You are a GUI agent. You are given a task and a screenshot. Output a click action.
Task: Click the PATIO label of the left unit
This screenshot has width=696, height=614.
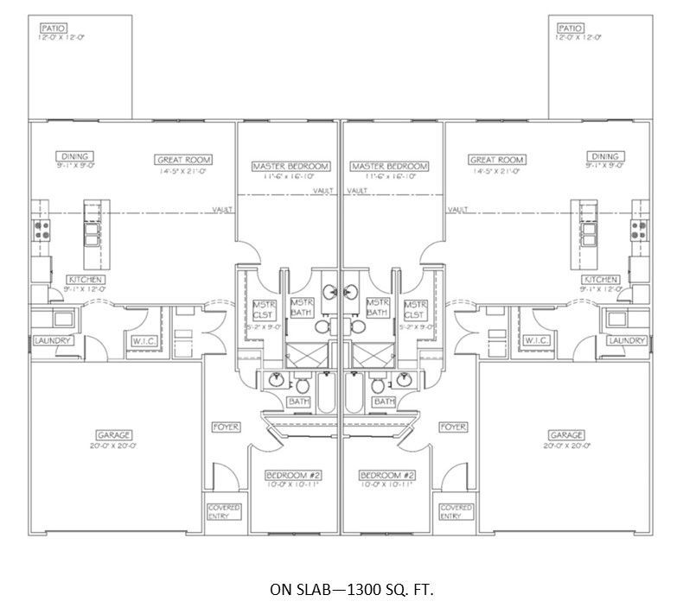[x=53, y=28]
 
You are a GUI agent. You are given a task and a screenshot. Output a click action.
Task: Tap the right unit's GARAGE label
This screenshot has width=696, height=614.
[x=565, y=435]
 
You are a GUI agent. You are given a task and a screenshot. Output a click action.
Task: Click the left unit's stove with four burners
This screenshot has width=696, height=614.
[x=40, y=230]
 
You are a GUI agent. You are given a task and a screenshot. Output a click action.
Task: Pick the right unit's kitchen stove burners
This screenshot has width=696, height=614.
[x=640, y=230]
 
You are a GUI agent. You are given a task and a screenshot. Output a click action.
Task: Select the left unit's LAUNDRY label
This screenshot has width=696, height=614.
[x=53, y=340]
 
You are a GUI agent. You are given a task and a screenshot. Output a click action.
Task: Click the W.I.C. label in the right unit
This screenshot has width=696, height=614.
[x=538, y=340]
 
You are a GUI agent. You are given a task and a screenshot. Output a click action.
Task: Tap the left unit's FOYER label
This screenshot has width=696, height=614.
[x=227, y=427]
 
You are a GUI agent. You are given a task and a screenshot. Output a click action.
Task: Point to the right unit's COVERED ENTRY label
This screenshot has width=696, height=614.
[x=456, y=512]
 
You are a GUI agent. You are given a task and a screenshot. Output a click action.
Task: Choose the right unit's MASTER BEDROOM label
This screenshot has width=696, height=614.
[x=388, y=166]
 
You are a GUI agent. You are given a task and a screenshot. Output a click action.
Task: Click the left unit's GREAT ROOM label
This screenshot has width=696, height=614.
[x=183, y=160]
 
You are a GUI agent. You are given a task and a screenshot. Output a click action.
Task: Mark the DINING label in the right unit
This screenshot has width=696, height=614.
[x=603, y=155]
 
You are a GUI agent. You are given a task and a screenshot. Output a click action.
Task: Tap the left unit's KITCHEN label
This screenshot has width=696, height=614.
[x=86, y=280]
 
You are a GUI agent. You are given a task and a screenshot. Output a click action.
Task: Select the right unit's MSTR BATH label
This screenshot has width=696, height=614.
[x=377, y=307]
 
